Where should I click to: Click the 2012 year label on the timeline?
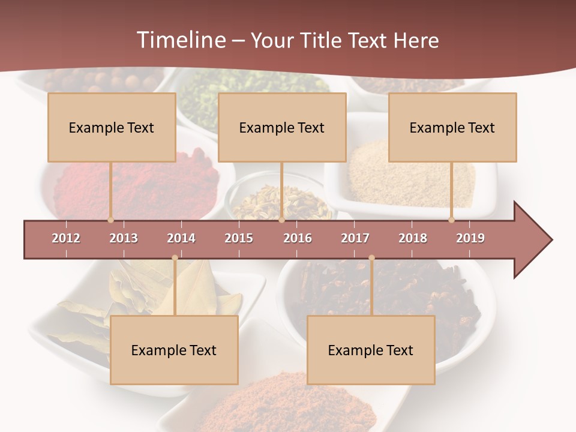coord(66,238)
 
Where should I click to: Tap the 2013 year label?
coord(124,238)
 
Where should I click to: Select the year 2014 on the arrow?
coord(181,238)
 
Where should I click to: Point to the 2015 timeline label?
coord(239,238)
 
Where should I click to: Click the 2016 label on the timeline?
coord(298,238)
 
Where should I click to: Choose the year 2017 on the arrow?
coord(355,238)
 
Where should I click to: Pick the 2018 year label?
coord(413,238)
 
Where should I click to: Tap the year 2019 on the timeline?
coord(470,238)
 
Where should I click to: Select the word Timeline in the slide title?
coord(179,40)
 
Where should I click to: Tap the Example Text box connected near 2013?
coord(112,127)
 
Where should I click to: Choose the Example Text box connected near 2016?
coord(282,127)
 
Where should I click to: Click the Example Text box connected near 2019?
coord(452,127)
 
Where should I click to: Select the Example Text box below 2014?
coord(174,350)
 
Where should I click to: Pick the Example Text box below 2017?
coord(371,350)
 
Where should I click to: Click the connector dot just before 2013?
coord(110,220)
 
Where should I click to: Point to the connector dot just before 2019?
coord(451,220)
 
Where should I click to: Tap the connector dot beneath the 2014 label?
coord(175,258)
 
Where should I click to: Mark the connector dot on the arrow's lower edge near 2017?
coord(371,258)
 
